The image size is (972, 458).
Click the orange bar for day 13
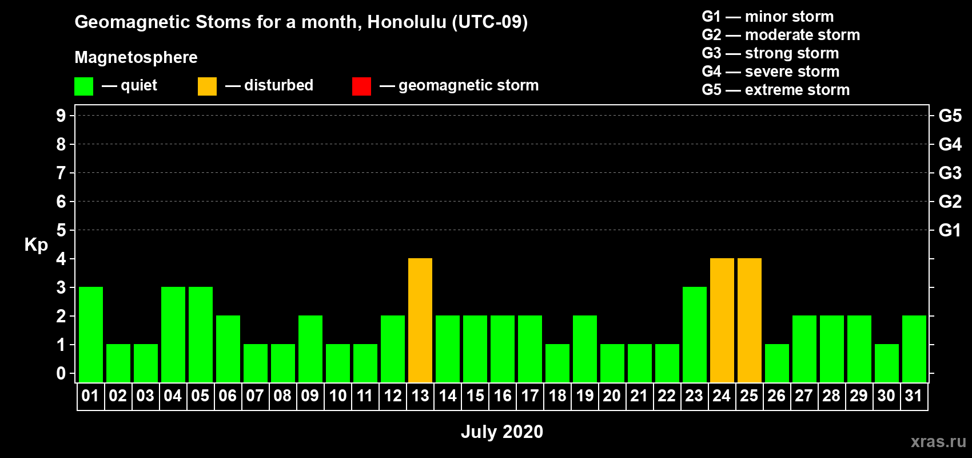point(420,320)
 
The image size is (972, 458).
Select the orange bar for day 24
point(722,320)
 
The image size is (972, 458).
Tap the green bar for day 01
point(91,334)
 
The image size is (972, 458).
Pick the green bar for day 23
point(695,334)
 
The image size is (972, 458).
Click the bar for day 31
point(914,349)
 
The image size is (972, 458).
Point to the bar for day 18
point(557,364)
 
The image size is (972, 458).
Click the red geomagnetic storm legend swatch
point(362,86)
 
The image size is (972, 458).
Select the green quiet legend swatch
point(83,86)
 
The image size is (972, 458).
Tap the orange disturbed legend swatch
point(207,86)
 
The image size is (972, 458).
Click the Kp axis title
point(36,245)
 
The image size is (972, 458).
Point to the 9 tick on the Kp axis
point(61,116)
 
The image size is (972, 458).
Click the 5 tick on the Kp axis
point(61,230)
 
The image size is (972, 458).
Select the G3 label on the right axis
point(950,173)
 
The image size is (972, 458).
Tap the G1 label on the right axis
point(950,230)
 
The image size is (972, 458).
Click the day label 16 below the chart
point(503,396)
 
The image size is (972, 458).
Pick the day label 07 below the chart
point(255,396)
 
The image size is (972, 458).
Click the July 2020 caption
point(502,432)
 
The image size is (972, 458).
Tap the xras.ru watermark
point(938,441)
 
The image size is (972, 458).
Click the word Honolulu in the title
point(407,22)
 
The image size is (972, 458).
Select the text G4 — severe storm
point(771,71)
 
